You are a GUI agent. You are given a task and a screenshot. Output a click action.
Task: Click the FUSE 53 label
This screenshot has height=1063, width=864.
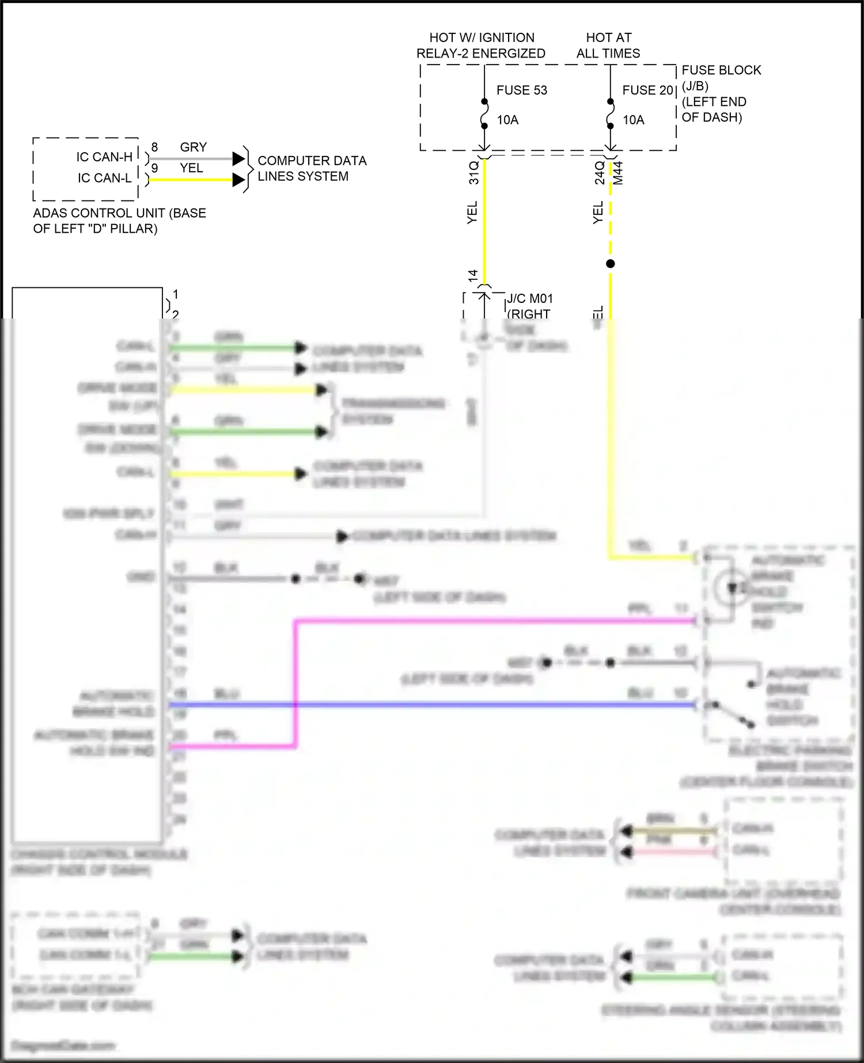coord(521,90)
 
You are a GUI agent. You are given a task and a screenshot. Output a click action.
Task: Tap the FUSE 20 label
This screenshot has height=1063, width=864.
coord(647,90)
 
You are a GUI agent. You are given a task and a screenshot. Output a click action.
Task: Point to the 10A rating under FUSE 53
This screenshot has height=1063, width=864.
coord(507,120)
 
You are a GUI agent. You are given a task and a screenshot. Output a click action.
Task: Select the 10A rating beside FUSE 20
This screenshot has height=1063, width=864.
coord(633,120)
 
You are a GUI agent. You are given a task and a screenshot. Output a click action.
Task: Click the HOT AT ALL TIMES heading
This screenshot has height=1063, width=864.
coord(608,45)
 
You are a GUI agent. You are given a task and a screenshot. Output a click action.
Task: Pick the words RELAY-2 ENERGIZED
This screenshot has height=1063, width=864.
coord(480,54)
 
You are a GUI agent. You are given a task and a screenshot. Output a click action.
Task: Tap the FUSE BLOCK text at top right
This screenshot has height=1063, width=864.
coord(721,70)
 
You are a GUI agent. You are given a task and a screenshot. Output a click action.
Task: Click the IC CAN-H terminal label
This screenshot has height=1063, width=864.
coord(104,157)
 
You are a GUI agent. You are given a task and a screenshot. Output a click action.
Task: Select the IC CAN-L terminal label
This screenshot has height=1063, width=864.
coord(104,178)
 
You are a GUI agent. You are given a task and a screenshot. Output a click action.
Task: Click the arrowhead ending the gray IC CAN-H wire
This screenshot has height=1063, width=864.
coord(239,158)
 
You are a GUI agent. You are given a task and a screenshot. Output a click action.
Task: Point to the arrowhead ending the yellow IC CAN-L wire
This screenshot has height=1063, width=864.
coord(239,180)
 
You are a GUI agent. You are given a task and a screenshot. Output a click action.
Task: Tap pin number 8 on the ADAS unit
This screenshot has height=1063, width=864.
coord(154,147)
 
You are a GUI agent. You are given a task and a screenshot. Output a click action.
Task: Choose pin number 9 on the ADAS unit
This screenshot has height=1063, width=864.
coord(154,168)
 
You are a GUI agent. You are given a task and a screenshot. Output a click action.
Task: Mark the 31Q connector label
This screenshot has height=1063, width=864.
coord(473,172)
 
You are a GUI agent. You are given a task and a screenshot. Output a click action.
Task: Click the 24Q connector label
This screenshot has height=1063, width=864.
coord(600,173)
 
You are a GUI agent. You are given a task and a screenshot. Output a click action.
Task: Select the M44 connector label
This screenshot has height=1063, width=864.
coord(618,173)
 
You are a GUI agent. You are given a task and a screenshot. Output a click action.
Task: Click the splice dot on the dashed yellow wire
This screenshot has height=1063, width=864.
coord(611,264)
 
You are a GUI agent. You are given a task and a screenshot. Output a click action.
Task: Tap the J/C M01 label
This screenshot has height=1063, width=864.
coord(529,298)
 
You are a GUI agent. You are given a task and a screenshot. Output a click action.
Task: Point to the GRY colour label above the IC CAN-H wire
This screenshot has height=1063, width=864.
coord(193,147)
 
